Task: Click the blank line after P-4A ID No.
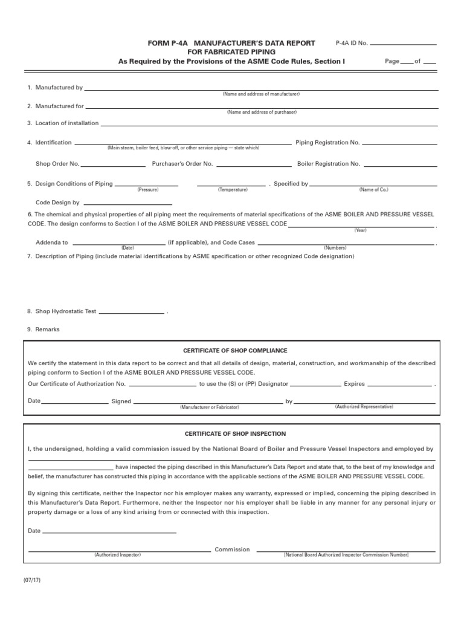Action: click(x=403, y=44)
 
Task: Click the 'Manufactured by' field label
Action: click(x=59, y=88)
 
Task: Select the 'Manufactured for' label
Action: click(x=59, y=106)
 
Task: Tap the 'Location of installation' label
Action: click(x=66, y=123)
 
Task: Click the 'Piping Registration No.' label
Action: click(x=327, y=143)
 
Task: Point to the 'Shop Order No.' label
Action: click(x=57, y=164)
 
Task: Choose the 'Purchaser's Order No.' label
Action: click(x=182, y=164)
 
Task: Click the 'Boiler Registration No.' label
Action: click(x=329, y=164)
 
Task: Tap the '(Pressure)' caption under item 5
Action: click(x=147, y=190)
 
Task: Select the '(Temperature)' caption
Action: click(x=233, y=190)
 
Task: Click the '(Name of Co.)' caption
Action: click(x=373, y=190)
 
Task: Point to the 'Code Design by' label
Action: click(x=57, y=203)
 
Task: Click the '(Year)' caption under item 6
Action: click(x=360, y=230)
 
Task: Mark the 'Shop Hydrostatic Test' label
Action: click(x=66, y=311)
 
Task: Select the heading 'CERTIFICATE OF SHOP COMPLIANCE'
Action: click(x=235, y=351)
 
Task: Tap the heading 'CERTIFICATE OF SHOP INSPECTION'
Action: click(x=235, y=433)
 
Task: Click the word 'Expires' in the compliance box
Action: click(x=354, y=384)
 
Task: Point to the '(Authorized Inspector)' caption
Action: click(x=117, y=555)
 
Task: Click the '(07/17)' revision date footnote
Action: click(x=32, y=580)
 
